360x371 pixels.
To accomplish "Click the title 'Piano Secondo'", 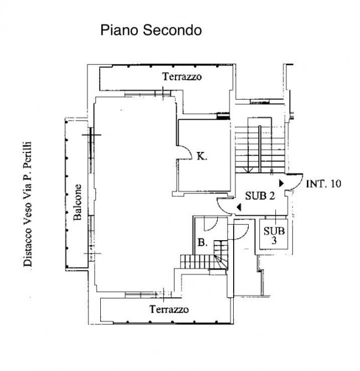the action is (x=151, y=31).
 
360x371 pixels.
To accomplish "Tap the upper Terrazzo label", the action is (x=182, y=77).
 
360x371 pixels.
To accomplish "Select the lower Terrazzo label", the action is (x=169, y=309).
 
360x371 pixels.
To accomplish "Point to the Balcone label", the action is (x=78, y=202).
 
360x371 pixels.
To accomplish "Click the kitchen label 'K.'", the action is (x=202, y=156).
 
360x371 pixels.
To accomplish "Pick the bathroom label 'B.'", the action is (x=203, y=242).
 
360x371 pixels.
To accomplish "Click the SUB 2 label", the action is (x=260, y=196).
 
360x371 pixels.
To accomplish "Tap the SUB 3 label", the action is (x=274, y=235).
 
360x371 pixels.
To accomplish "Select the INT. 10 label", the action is (x=323, y=184).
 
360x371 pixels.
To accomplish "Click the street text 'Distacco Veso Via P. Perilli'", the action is (x=28, y=204).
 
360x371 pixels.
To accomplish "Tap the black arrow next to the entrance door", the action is (x=281, y=183).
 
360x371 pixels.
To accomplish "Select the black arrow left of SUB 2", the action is (x=239, y=207).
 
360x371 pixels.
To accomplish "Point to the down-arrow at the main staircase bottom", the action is (x=248, y=169).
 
